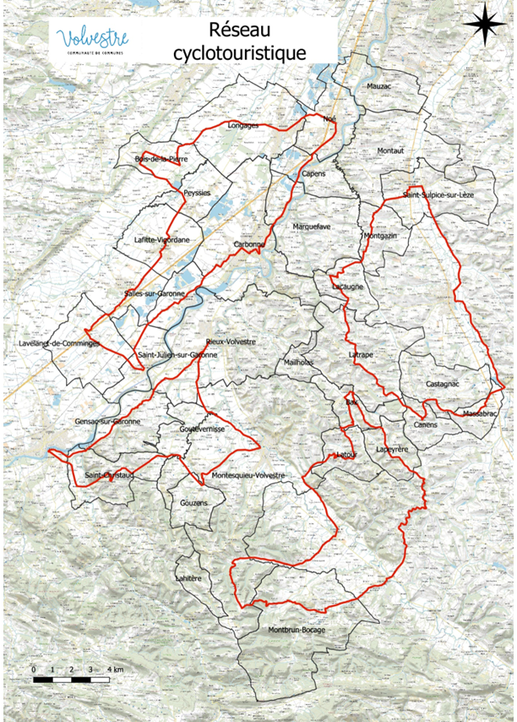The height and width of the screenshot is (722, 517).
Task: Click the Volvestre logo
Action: coord(93,39)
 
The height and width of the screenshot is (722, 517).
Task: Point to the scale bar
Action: coord(72,679)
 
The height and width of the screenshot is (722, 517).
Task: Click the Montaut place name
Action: coord(392,150)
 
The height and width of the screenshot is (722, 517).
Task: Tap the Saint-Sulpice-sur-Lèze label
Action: coord(437,195)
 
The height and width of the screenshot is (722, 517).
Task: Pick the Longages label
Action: coord(242,125)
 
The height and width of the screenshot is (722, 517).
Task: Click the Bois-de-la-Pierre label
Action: coord(161,159)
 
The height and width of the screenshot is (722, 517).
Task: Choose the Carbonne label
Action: coord(249,245)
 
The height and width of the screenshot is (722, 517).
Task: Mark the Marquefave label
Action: coord(311,227)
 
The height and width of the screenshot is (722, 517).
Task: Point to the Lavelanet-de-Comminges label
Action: coord(59,344)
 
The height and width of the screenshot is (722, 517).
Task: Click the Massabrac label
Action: coord(480,413)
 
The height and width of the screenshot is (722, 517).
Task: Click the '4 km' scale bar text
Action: coord(116,670)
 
